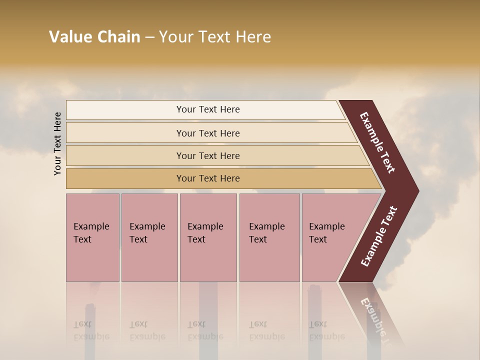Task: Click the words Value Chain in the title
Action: (94, 37)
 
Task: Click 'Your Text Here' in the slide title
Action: (215, 37)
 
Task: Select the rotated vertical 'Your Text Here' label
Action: (57, 143)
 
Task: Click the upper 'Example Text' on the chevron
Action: (377, 142)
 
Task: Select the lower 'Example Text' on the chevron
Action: (379, 236)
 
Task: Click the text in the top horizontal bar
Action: (208, 109)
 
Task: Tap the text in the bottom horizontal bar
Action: (208, 178)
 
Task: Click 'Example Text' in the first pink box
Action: (91, 232)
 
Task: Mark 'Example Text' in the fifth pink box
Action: (326, 232)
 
